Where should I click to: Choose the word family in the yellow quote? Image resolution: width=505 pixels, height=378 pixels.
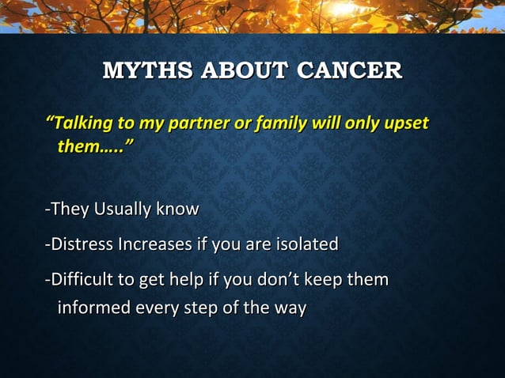point(281,124)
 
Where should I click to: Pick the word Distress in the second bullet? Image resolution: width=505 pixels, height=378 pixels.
point(82,244)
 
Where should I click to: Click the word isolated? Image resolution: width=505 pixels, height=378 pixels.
point(306,244)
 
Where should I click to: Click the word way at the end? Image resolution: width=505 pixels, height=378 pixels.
point(289,308)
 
